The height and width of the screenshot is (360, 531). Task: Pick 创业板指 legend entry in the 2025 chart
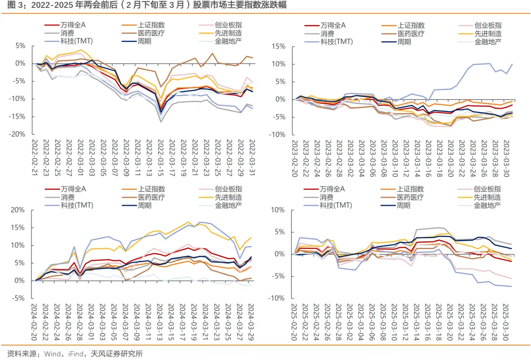pyautogui.click(x=487, y=189)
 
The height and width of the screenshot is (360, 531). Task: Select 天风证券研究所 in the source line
pyautogui.click(x=114, y=354)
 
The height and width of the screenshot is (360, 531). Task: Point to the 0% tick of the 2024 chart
pyautogui.click(x=20, y=281)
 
